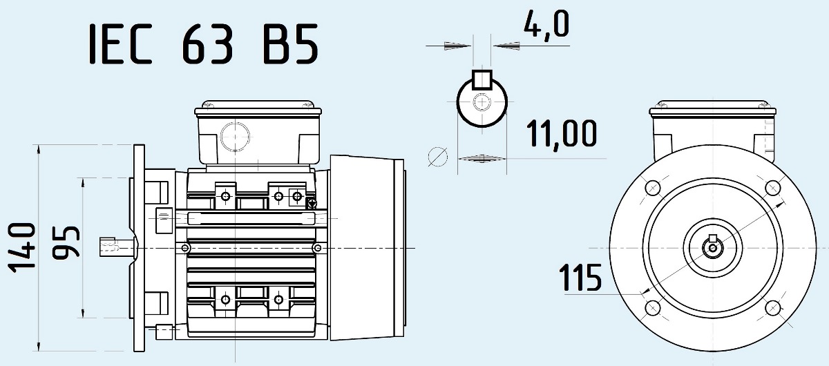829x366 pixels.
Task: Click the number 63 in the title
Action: pyautogui.click(x=208, y=44)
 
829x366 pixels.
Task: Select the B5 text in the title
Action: pyautogui.click(x=291, y=44)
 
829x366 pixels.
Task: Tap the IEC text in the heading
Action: pyautogui.click(x=121, y=44)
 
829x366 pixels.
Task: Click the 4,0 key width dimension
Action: pyautogui.click(x=546, y=23)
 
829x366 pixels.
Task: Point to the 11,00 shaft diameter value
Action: pyautogui.click(x=562, y=134)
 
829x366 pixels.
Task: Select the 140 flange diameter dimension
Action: pyautogui.click(x=22, y=248)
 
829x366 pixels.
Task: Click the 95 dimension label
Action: pyautogui.click(x=66, y=241)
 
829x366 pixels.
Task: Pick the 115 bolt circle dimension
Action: pyautogui.click(x=580, y=278)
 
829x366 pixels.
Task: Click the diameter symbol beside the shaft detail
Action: pyautogui.click(x=437, y=157)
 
